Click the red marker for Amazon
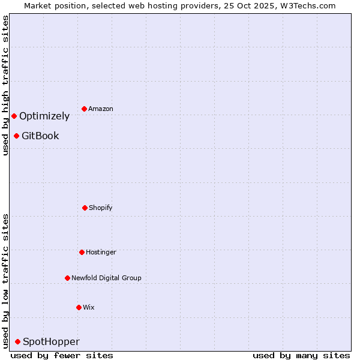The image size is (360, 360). point(84,109)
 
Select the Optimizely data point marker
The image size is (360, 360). point(14,116)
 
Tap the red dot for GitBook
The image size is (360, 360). point(16,136)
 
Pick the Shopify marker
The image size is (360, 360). point(85,208)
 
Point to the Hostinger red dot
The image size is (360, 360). point(82,252)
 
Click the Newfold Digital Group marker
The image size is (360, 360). point(67,278)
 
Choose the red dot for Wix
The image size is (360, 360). point(79,307)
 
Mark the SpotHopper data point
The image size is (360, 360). point(17,341)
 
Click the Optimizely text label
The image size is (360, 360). point(44,116)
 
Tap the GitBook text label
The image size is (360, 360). point(40,136)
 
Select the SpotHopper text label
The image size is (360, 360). point(51,341)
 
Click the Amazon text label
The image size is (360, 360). point(101,109)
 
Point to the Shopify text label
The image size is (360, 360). point(101,208)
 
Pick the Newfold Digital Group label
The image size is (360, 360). point(106,278)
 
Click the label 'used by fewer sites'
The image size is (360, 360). point(62,355)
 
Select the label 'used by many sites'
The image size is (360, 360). point(301,355)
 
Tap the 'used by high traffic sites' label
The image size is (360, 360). point(5,85)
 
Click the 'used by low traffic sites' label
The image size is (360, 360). point(5,280)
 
